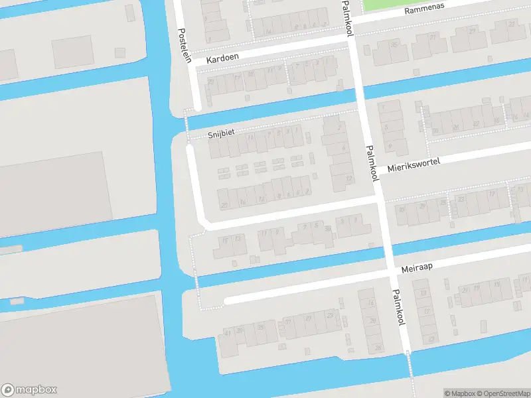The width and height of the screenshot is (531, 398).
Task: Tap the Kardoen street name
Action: (222, 59)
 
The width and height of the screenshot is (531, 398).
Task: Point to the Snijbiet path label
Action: (221, 133)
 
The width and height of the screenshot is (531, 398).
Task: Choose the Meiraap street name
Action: (417, 267)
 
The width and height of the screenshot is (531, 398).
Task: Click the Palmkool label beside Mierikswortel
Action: (372, 163)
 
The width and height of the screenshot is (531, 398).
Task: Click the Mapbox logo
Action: (29, 390)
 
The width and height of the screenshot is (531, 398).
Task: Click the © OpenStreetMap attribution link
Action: (503, 393)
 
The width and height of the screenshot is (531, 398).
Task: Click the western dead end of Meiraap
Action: (226, 300)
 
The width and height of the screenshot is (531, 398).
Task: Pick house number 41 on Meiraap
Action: (228, 332)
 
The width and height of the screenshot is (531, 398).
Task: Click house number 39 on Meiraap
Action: (239, 330)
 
